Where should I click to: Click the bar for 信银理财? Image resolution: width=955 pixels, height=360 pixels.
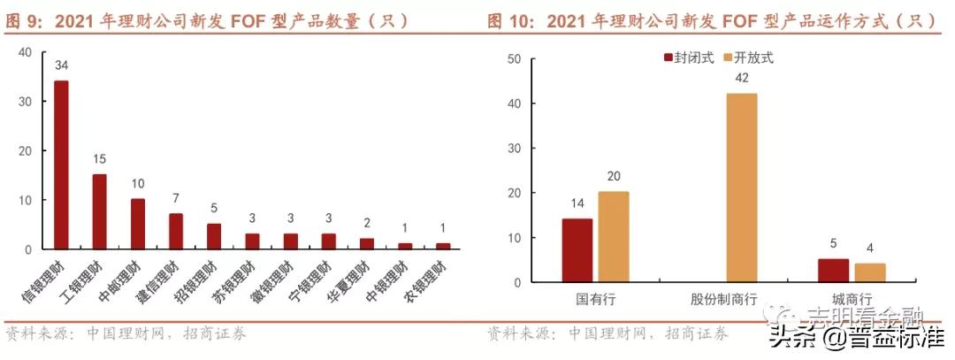pyautogui.click(x=61, y=165)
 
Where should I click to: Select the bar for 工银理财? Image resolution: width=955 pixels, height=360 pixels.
pyautogui.click(x=100, y=212)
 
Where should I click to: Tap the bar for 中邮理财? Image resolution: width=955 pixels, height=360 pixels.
pyautogui.click(x=138, y=225)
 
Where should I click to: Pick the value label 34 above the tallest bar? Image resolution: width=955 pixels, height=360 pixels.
pyautogui.click(x=61, y=65)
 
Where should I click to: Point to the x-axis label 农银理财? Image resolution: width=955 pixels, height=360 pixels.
pyautogui.click(x=425, y=280)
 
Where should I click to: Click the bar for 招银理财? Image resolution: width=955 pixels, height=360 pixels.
pyautogui.click(x=214, y=236)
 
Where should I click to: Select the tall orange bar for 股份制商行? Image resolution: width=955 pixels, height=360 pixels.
pyautogui.click(x=742, y=188)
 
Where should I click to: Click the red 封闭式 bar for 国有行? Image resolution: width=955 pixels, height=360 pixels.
pyautogui.click(x=577, y=250)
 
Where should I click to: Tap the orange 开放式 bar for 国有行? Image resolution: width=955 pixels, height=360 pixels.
pyautogui.click(x=613, y=237)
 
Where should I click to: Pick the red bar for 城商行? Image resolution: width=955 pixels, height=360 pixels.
pyautogui.click(x=834, y=271)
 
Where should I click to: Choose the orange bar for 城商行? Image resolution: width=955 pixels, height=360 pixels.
pyautogui.click(x=869, y=272)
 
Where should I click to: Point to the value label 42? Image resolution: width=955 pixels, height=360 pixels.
pyautogui.click(x=742, y=78)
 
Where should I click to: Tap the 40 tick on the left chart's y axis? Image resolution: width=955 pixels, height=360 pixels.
pyautogui.click(x=25, y=52)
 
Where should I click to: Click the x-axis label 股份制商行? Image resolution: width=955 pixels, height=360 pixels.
pyautogui.click(x=723, y=299)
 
